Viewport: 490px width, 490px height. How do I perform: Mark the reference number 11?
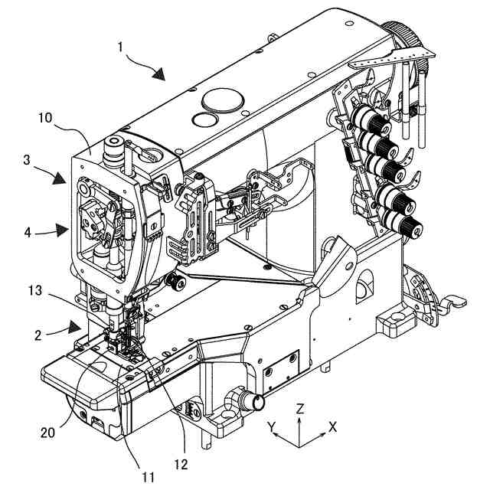(148, 477)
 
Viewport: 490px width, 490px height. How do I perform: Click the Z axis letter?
(300, 409)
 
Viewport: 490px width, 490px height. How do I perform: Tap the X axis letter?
(332, 426)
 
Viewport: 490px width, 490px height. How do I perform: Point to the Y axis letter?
(271, 426)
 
